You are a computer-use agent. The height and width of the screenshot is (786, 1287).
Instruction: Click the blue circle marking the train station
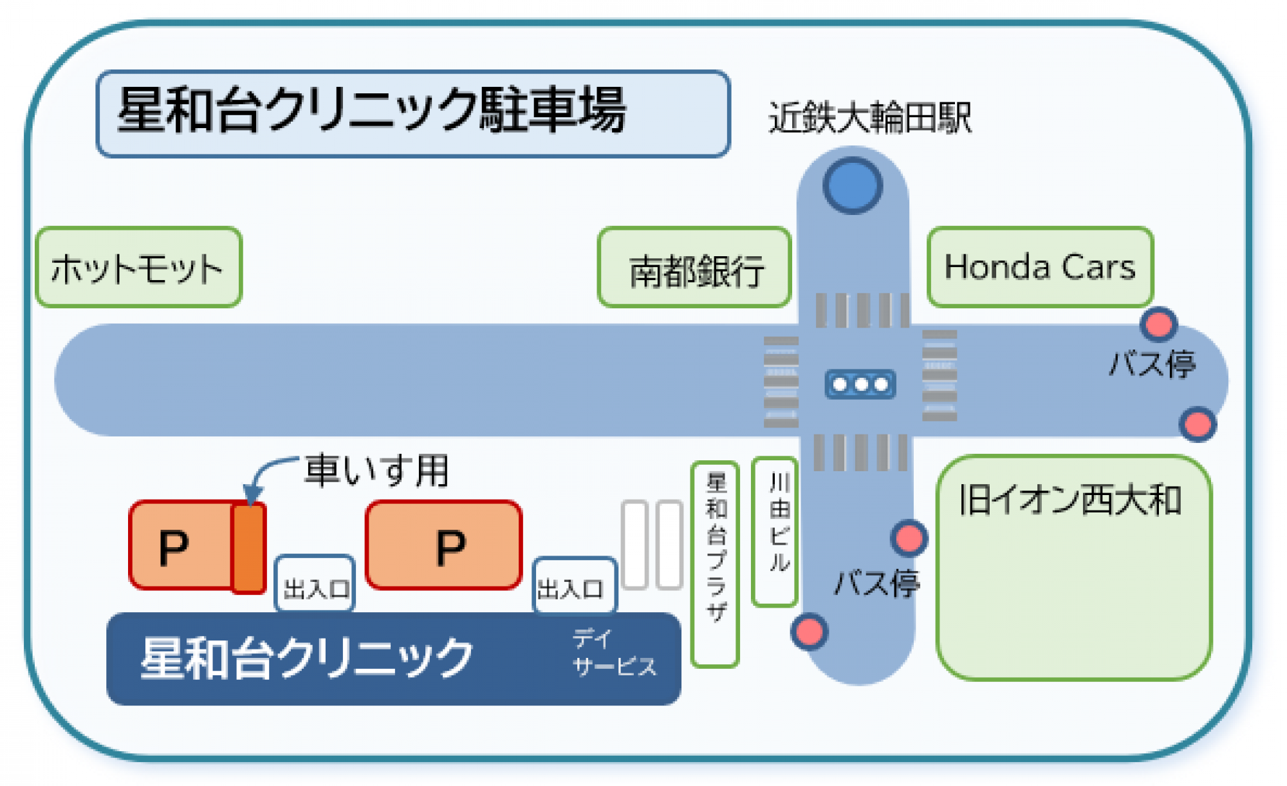pos(853,185)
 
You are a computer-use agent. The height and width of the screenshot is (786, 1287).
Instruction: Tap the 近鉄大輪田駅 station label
pos(870,118)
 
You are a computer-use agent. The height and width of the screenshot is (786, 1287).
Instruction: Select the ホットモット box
pos(138,267)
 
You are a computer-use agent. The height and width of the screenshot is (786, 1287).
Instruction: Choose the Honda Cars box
pos(1040,267)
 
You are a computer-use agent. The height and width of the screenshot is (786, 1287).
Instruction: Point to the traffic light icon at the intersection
pos(860,384)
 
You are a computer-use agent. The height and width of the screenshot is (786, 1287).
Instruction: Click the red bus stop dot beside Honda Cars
pos(1158,324)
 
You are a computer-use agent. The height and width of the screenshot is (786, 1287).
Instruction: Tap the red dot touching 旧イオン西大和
pos(909,538)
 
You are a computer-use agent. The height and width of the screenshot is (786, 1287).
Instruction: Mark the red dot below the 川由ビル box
pos(809,631)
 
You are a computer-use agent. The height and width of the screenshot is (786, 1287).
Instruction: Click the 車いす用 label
pos(377,470)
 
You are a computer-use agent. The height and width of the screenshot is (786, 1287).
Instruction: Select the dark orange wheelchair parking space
pos(248,548)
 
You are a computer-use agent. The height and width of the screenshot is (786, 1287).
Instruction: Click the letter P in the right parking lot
pos(450,548)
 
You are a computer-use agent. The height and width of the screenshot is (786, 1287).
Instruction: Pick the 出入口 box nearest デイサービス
pos(574,586)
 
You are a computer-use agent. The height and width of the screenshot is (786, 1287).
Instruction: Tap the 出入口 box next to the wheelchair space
pos(315,584)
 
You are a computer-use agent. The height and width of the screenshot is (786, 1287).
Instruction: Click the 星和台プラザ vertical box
pos(715,564)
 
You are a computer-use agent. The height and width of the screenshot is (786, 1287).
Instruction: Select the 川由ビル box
pos(775,532)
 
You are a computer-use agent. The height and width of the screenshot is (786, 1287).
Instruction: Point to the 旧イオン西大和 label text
pos(1069,500)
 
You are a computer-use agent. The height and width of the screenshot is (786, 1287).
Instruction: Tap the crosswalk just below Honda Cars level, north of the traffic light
pos(862,310)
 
